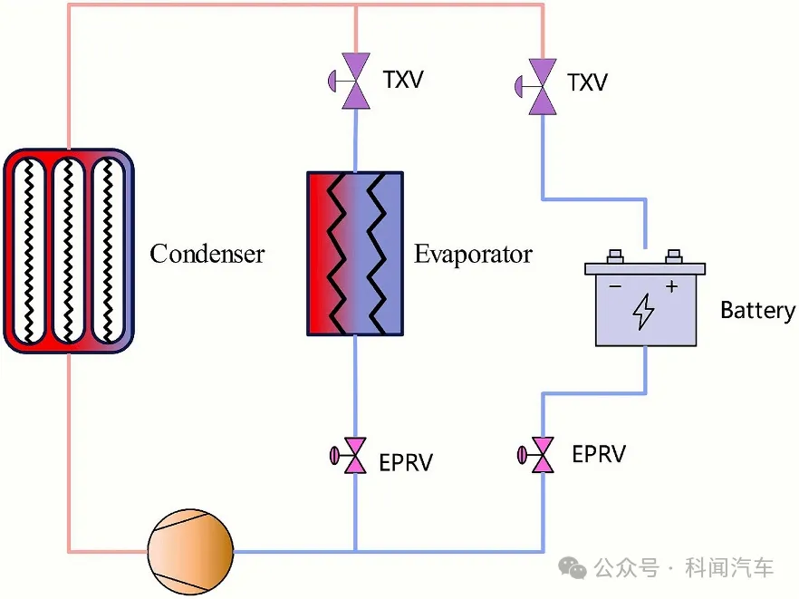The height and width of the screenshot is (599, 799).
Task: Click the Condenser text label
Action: click(207, 254)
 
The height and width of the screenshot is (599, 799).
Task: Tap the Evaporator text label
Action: click(473, 254)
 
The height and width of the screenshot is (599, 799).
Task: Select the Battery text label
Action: click(757, 310)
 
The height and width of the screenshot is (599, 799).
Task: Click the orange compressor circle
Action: click(190, 552)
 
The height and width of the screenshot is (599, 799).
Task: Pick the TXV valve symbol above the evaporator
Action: click(350, 81)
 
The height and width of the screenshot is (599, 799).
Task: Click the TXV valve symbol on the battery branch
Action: click(536, 86)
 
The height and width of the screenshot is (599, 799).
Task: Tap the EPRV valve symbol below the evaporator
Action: click(349, 455)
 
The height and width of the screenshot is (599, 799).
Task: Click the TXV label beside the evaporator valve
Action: click(403, 80)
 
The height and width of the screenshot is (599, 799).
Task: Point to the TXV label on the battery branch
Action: click(588, 82)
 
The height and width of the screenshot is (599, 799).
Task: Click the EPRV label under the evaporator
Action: click(406, 463)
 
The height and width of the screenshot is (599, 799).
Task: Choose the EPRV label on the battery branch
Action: click(599, 454)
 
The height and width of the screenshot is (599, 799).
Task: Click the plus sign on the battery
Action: click(671, 286)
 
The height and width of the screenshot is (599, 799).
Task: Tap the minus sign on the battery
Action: click(615, 286)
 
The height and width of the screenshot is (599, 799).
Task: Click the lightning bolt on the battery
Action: click(643, 312)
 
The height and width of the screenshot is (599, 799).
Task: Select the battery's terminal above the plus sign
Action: click(674, 256)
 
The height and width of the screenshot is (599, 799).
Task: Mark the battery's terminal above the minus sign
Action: click(616, 256)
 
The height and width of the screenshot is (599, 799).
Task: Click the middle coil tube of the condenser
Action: click(68, 250)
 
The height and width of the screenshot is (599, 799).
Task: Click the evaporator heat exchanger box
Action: click(355, 254)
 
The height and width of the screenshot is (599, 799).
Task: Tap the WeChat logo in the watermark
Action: click(573, 567)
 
